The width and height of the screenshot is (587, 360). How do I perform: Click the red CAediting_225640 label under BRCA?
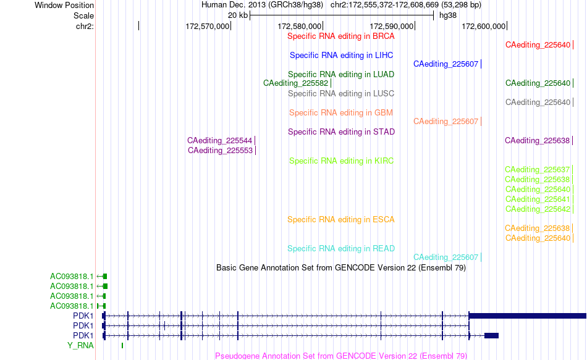(538, 45)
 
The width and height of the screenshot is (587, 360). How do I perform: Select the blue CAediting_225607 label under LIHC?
(446, 64)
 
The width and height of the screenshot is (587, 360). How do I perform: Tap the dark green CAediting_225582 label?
(295, 83)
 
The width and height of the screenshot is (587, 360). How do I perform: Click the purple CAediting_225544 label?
(219, 141)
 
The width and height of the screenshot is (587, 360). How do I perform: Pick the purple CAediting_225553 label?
(220, 151)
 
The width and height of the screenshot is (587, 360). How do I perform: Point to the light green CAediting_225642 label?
(538, 209)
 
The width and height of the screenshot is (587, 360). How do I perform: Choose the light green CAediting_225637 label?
(537, 170)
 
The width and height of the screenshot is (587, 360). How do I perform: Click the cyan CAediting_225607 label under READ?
(446, 257)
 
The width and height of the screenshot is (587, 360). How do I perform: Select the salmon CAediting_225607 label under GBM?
(446, 122)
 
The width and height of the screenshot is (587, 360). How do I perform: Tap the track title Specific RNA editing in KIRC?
(341, 161)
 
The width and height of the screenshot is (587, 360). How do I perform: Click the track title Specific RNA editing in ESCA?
(340, 220)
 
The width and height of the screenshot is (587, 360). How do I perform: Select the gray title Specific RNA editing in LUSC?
(340, 94)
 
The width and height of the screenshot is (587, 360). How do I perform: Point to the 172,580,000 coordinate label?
(299, 26)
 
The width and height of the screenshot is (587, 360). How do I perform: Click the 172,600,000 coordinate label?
(483, 26)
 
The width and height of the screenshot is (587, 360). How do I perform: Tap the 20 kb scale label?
(238, 15)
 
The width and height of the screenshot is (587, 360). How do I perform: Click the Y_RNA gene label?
(80, 345)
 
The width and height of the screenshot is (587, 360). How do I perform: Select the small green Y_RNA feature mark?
(122, 345)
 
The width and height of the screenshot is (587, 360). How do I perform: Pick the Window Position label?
(64, 5)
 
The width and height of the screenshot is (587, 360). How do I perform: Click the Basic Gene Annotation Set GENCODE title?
(341, 268)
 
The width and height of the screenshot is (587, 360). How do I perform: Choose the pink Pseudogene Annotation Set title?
(341, 356)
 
